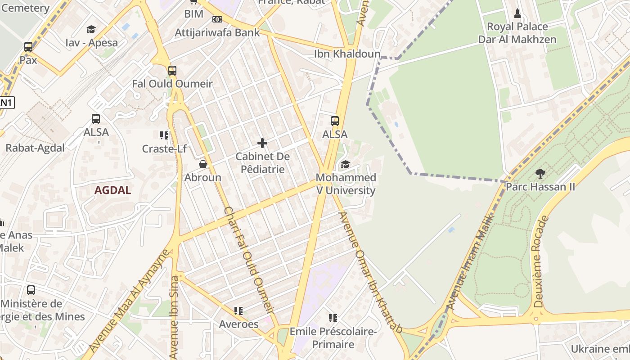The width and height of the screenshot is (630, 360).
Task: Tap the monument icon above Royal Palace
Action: (x=517, y=13)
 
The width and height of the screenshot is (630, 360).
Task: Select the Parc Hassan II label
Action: (x=540, y=186)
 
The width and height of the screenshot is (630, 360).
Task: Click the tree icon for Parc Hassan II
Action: (x=540, y=173)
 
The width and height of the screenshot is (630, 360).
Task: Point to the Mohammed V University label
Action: (x=346, y=184)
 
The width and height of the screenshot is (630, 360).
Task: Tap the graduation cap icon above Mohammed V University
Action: (x=345, y=164)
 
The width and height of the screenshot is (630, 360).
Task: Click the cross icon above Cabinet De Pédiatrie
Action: (x=262, y=144)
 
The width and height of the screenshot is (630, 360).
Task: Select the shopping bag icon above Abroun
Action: (x=203, y=164)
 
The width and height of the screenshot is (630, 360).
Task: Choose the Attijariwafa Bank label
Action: (x=217, y=32)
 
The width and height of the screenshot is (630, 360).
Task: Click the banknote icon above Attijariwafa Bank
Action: (x=217, y=19)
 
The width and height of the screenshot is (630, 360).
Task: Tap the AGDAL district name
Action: (x=112, y=190)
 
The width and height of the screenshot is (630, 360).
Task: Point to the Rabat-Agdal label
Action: (x=35, y=148)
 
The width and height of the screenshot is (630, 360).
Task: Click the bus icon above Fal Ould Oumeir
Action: (x=172, y=71)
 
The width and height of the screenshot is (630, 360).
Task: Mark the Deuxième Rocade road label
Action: (x=541, y=262)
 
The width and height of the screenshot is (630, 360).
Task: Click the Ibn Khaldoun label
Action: (x=347, y=54)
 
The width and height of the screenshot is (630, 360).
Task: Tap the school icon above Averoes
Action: (x=238, y=311)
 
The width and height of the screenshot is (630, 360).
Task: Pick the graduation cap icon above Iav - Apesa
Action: (x=91, y=30)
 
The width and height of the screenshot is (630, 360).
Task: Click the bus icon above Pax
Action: (x=28, y=47)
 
